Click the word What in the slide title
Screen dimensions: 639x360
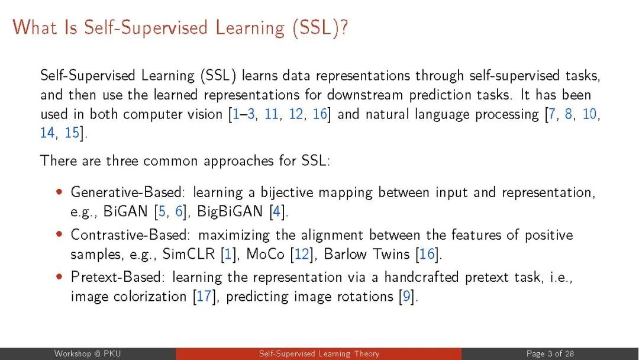pos(35,28)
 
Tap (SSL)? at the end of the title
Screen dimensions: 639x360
pos(320,28)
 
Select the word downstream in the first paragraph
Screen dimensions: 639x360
pos(365,95)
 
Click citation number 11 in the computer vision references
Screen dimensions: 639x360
pos(272,114)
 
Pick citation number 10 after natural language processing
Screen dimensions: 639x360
pos(589,114)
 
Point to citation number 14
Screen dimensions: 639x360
pos(47,133)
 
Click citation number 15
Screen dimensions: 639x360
pos(72,133)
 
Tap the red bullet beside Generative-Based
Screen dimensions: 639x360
pos(60,192)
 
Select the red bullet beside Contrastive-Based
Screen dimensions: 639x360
pos(60,234)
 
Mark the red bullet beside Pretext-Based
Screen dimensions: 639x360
pos(60,277)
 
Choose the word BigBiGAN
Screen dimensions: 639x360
pos(230,211)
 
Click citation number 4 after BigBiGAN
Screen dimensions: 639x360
pos(277,211)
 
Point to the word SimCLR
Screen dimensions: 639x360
pos(188,254)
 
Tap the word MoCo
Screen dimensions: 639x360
pos(265,254)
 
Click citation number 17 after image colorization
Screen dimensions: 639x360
pos(204,296)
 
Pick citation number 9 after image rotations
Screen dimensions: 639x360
pos(406,296)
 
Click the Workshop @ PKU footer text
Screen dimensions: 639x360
pos(88,353)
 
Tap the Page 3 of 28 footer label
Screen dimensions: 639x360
pos(550,353)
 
